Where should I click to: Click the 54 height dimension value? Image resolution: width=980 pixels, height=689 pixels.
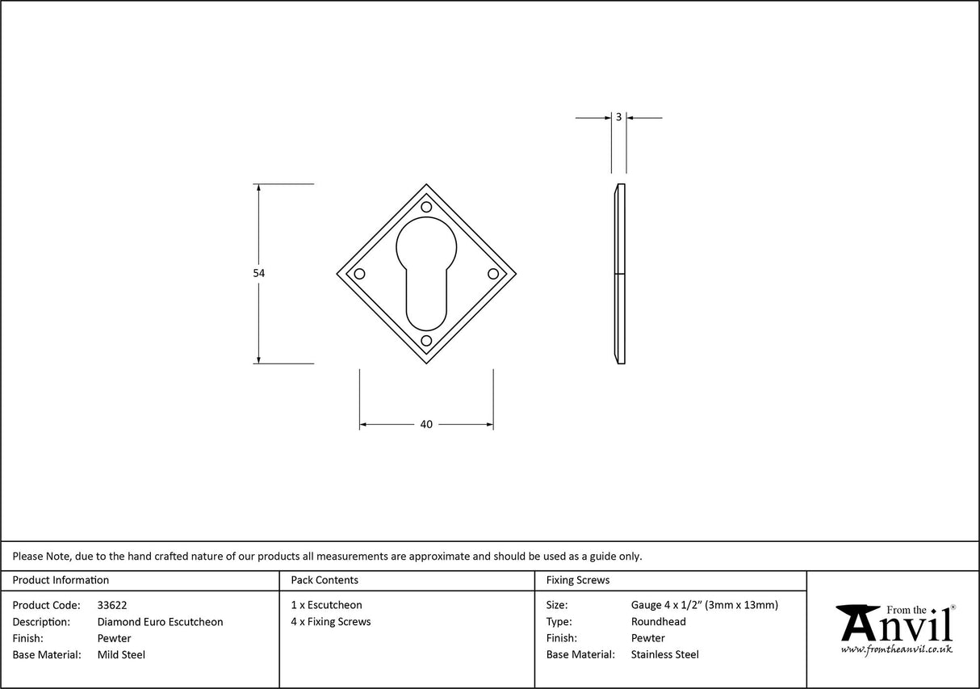(x=258, y=274)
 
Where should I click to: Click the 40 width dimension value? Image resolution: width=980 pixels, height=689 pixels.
(x=426, y=424)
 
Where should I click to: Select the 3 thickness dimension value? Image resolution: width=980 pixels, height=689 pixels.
(x=618, y=117)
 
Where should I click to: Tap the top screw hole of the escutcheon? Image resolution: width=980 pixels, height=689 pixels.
(x=426, y=207)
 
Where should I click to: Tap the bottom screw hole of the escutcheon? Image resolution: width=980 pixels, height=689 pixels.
(x=426, y=341)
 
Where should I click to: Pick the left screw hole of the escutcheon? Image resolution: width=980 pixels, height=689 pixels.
(x=360, y=274)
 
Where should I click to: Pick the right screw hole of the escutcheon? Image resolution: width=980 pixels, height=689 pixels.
(x=492, y=274)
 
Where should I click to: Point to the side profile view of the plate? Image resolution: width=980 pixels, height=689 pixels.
(x=619, y=274)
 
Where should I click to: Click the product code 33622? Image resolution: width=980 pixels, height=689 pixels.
(x=111, y=605)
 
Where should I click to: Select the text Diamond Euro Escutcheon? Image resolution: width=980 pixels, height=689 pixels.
(x=160, y=622)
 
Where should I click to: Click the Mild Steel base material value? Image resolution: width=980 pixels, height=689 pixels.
(x=121, y=655)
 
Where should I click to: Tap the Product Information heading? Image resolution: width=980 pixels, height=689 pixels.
(x=61, y=580)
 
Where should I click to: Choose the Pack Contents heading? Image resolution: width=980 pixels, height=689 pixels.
(x=325, y=580)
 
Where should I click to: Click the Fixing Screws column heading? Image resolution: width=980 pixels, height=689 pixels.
(x=578, y=580)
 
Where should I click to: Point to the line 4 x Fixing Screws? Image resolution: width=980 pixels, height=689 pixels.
(x=331, y=622)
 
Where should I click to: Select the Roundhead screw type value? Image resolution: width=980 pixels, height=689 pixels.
(x=658, y=622)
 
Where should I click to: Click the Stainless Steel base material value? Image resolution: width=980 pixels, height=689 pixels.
(x=664, y=655)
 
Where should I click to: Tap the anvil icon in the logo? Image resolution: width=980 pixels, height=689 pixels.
(x=857, y=622)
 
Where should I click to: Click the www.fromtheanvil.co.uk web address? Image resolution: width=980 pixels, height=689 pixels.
(x=896, y=649)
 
